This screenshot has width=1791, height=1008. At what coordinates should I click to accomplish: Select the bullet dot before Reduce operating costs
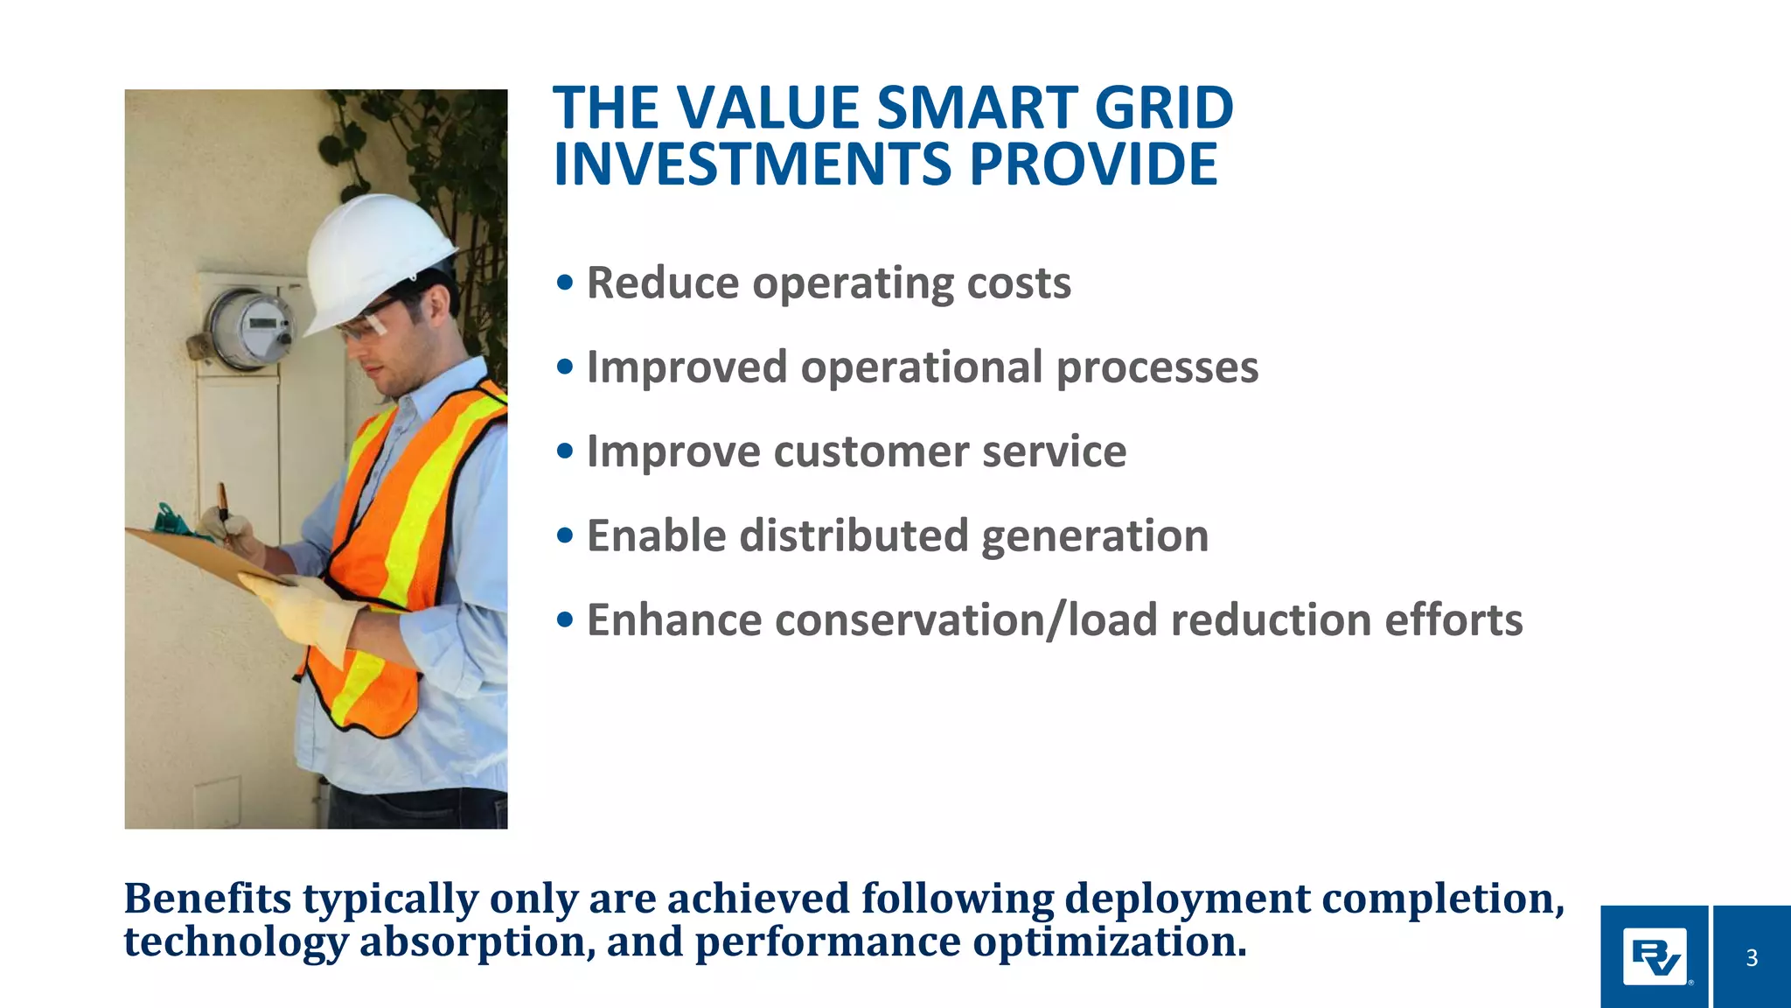[x=565, y=283]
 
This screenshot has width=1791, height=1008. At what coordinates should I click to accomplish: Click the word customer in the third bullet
[x=870, y=451]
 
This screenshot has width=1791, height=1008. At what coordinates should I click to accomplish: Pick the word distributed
[x=854, y=535]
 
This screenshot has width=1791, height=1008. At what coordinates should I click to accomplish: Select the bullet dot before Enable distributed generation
[x=565, y=535]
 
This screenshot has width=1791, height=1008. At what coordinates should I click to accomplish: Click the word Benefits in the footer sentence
[x=208, y=899]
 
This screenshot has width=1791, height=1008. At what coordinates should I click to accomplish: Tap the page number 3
[x=1751, y=958]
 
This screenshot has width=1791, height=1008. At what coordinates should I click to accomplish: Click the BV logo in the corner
[x=1655, y=957]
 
